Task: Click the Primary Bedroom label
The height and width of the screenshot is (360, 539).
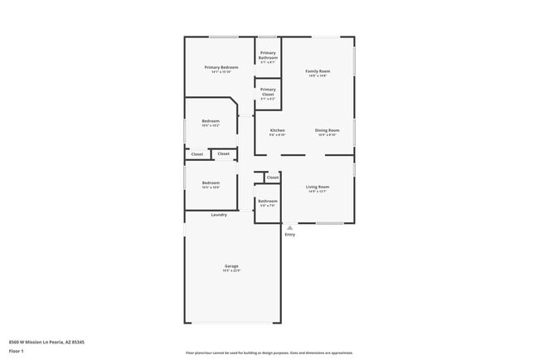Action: pyautogui.click(x=221, y=66)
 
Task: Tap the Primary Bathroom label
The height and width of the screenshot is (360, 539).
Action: pyautogui.click(x=268, y=56)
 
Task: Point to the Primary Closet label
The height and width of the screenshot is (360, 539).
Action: pyautogui.click(x=268, y=91)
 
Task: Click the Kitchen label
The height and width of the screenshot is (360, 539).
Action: pyautogui.click(x=278, y=130)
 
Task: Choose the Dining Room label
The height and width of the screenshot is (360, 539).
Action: pyautogui.click(x=327, y=130)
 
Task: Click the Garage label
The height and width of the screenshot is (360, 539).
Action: pyautogui.click(x=231, y=265)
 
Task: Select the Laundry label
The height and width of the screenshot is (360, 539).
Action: pyautogui.click(x=219, y=215)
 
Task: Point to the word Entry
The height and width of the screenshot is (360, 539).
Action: pyautogui.click(x=289, y=235)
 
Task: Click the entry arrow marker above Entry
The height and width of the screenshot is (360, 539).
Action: pyautogui.click(x=289, y=226)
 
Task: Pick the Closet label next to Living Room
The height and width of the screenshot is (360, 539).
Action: pyautogui.click(x=273, y=178)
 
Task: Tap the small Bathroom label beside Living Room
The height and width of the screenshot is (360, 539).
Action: pyautogui.click(x=268, y=201)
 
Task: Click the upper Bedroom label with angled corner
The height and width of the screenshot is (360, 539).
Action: pyautogui.click(x=211, y=121)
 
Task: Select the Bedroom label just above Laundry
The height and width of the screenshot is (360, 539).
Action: pyautogui.click(x=211, y=182)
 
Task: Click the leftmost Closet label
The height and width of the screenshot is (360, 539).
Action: pyautogui.click(x=197, y=154)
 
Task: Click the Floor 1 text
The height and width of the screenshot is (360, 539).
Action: pyautogui.click(x=17, y=351)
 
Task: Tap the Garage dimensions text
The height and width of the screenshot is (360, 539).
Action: pyautogui.click(x=231, y=270)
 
